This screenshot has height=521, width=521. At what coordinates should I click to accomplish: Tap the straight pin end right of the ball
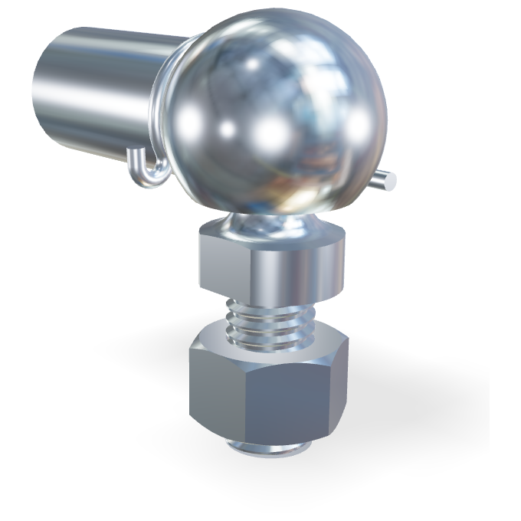pyautogui.click(x=388, y=180)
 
